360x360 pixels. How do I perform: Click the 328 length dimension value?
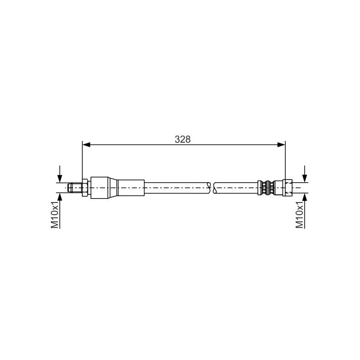(x=183, y=139)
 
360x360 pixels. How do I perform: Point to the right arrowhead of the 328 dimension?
(x=281, y=144)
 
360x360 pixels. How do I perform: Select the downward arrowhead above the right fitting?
(x=305, y=179)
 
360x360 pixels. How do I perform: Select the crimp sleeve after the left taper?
(x=132, y=188)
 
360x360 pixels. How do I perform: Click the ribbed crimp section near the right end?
(x=266, y=188)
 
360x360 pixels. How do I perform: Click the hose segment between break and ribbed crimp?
(x=236, y=188)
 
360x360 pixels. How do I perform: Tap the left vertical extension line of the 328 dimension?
(x=82, y=162)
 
